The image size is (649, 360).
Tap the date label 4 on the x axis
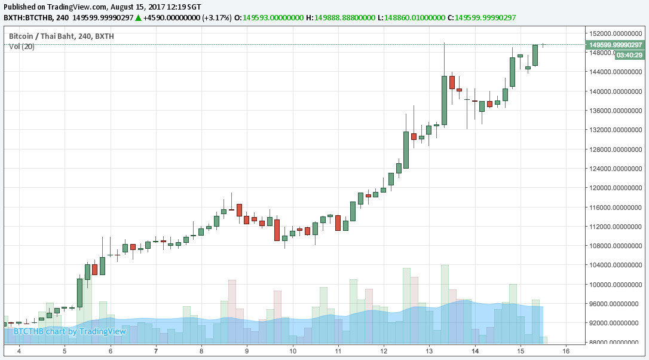(x=19, y=350)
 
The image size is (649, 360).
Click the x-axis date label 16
(x=566, y=350)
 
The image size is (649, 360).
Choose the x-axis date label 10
(x=293, y=350)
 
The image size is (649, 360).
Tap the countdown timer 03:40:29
(x=629, y=55)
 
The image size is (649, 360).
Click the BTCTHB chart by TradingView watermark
(x=70, y=331)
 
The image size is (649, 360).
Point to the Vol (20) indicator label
(x=22, y=47)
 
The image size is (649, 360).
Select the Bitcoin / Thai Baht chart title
(x=61, y=36)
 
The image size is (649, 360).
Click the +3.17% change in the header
(x=217, y=17)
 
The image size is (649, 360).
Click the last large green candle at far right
(x=535, y=55)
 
